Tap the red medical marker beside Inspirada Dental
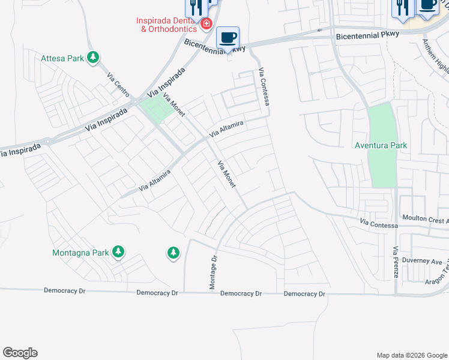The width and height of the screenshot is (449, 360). coord(206,24)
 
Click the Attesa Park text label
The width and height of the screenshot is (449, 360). coord(63,58)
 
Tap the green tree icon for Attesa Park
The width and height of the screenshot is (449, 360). coord(93,58)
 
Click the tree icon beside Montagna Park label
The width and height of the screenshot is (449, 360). coord(119,252)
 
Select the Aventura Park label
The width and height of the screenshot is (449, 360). coord(381,145)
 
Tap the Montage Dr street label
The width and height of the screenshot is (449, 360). coord(212,271)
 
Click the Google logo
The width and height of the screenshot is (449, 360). coord(20,353)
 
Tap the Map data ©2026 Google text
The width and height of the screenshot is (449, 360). coord(411,355)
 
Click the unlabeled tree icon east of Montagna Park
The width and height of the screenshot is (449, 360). coord(173,253)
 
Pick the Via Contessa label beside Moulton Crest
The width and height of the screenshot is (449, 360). coord(379,224)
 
